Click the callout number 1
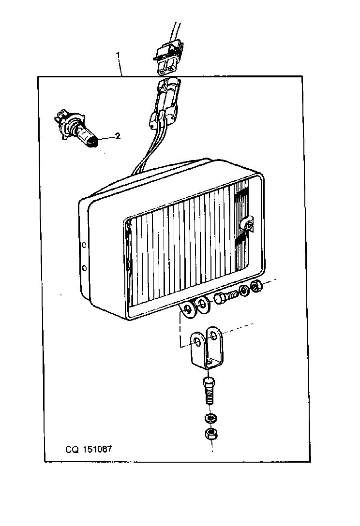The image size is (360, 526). [x=118, y=54]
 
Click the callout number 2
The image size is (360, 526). [x=118, y=136]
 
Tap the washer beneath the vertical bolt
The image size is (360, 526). [x=210, y=419]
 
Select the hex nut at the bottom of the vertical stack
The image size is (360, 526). [x=210, y=434]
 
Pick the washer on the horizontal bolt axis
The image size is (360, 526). [x=244, y=291]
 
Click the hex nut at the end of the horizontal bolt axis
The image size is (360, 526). [x=257, y=286]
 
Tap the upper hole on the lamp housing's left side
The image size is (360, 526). [x=84, y=245]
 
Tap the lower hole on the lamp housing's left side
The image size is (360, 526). [x=84, y=268]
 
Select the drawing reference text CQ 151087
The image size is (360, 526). [x=89, y=449]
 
